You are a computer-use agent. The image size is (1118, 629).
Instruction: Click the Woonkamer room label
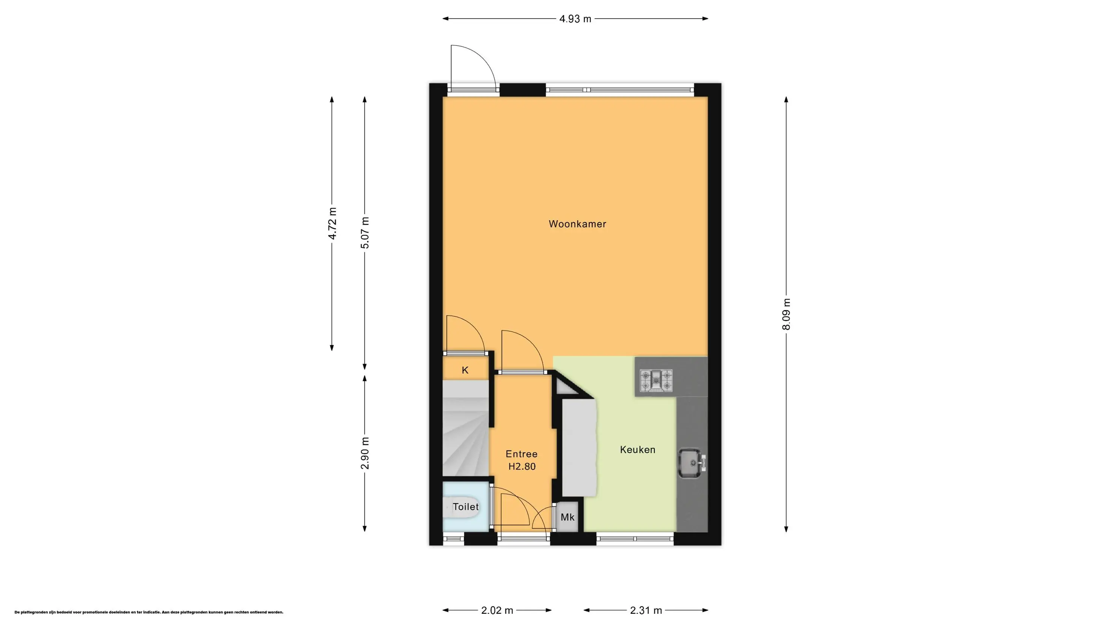(x=577, y=224)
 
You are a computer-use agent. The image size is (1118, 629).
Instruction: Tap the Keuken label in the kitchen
(x=638, y=450)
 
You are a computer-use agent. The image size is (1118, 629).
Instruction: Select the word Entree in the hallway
(x=522, y=454)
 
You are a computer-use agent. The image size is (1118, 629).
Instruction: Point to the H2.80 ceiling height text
(x=522, y=467)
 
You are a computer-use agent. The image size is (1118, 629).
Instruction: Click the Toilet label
(x=466, y=506)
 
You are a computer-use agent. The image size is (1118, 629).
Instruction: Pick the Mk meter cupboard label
(x=568, y=517)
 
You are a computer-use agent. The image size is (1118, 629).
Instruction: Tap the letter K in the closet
(x=465, y=370)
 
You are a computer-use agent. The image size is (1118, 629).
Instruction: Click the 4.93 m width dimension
(x=575, y=19)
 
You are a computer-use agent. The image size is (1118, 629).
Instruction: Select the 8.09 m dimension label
(x=786, y=314)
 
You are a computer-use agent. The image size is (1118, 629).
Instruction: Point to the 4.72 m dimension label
(x=332, y=224)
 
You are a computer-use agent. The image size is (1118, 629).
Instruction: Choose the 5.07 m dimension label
(x=365, y=233)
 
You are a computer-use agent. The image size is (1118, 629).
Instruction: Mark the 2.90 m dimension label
(x=365, y=453)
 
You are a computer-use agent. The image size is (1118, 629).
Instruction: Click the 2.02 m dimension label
(x=498, y=610)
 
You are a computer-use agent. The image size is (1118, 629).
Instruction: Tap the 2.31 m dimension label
(x=646, y=610)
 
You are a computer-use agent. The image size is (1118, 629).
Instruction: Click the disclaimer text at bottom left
(x=149, y=612)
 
